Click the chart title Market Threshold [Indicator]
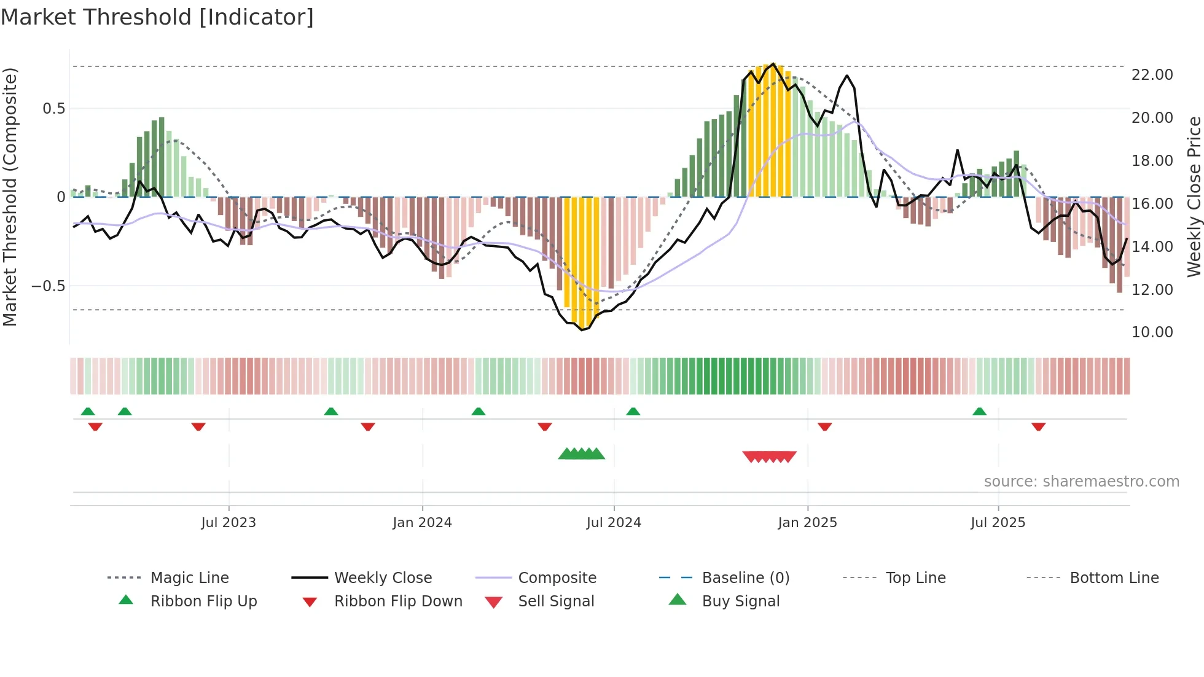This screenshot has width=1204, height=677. pos(157,17)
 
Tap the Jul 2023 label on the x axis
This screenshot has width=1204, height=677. pos(229,523)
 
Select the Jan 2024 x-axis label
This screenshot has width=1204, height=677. pos(422,523)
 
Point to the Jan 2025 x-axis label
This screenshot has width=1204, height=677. pos(807,523)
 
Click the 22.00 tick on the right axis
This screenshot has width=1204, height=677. pos(1152,75)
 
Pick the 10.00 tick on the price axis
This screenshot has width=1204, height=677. pos(1152,332)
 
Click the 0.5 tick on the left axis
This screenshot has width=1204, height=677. pos(53,109)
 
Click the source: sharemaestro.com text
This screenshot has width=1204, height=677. pos(1081,482)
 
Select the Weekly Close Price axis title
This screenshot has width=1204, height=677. pos(1194,197)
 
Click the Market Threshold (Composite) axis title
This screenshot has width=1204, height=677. pos(10,197)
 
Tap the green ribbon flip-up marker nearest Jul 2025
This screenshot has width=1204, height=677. pos(979,412)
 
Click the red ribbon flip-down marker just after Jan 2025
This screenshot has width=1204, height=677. pos(824,426)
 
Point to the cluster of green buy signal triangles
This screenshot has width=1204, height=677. pos(581,454)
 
